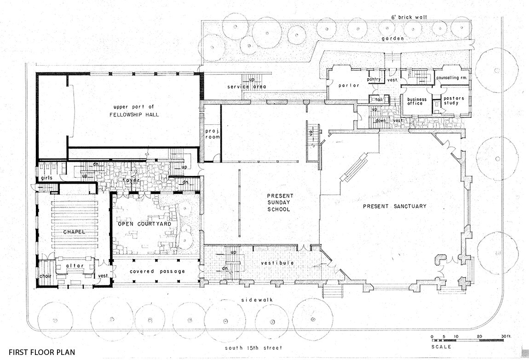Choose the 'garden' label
tap(395, 39)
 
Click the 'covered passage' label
tap(157, 272)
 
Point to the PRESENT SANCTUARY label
tap(394, 206)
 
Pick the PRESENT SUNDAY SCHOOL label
tap(279, 203)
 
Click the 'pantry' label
tap(374, 79)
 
